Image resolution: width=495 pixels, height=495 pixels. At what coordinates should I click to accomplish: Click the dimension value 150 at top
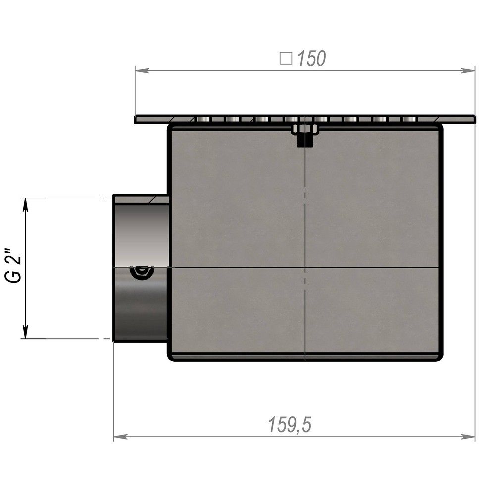311,59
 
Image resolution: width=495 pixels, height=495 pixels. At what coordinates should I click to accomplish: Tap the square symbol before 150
286,58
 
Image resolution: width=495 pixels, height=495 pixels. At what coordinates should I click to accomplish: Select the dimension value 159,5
290,424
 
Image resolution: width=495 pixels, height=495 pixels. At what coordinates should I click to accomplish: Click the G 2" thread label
13,266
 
